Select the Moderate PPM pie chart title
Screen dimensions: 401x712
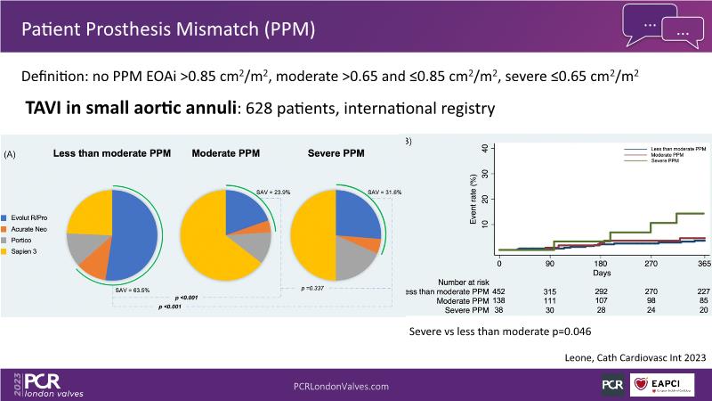point(225,154)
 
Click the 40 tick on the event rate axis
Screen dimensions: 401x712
point(483,148)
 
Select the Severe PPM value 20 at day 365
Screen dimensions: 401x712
point(704,311)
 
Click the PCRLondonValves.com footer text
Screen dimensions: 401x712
point(342,386)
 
